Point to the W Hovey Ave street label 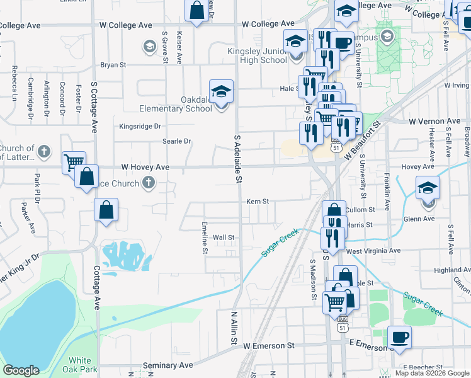tap(145, 167)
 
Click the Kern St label tap(258, 202)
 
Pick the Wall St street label tap(224, 238)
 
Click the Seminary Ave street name tap(168, 365)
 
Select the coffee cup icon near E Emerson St tap(399, 337)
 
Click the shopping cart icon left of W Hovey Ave tap(74, 162)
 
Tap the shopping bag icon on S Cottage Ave tap(106, 210)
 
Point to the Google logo tap(21, 370)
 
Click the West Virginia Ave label tap(373, 250)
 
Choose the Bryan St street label tap(113, 64)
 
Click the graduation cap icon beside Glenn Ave tap(428, 188)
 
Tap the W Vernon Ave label tap(434, 121)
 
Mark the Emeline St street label tap(205, 237)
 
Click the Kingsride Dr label tap(140, 126)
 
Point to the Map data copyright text tap(431, 373)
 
